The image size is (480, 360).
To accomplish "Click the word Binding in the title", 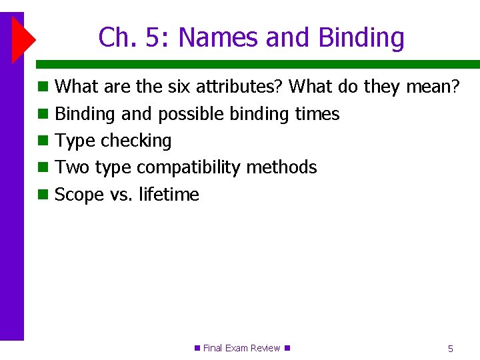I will tap(361, 38).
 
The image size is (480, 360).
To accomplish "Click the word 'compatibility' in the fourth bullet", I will tap(189, 167).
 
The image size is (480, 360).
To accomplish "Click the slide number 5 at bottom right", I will tap(451, 348).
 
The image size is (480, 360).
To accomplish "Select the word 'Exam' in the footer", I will tap(236, 348).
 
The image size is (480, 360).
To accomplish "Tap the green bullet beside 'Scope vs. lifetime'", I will tap(43, 195).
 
